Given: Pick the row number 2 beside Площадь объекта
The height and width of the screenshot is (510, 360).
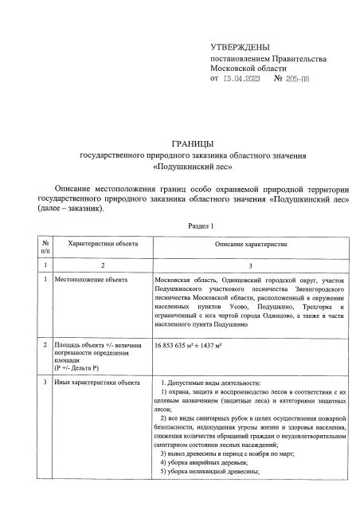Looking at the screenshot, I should (x=47, y=347).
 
